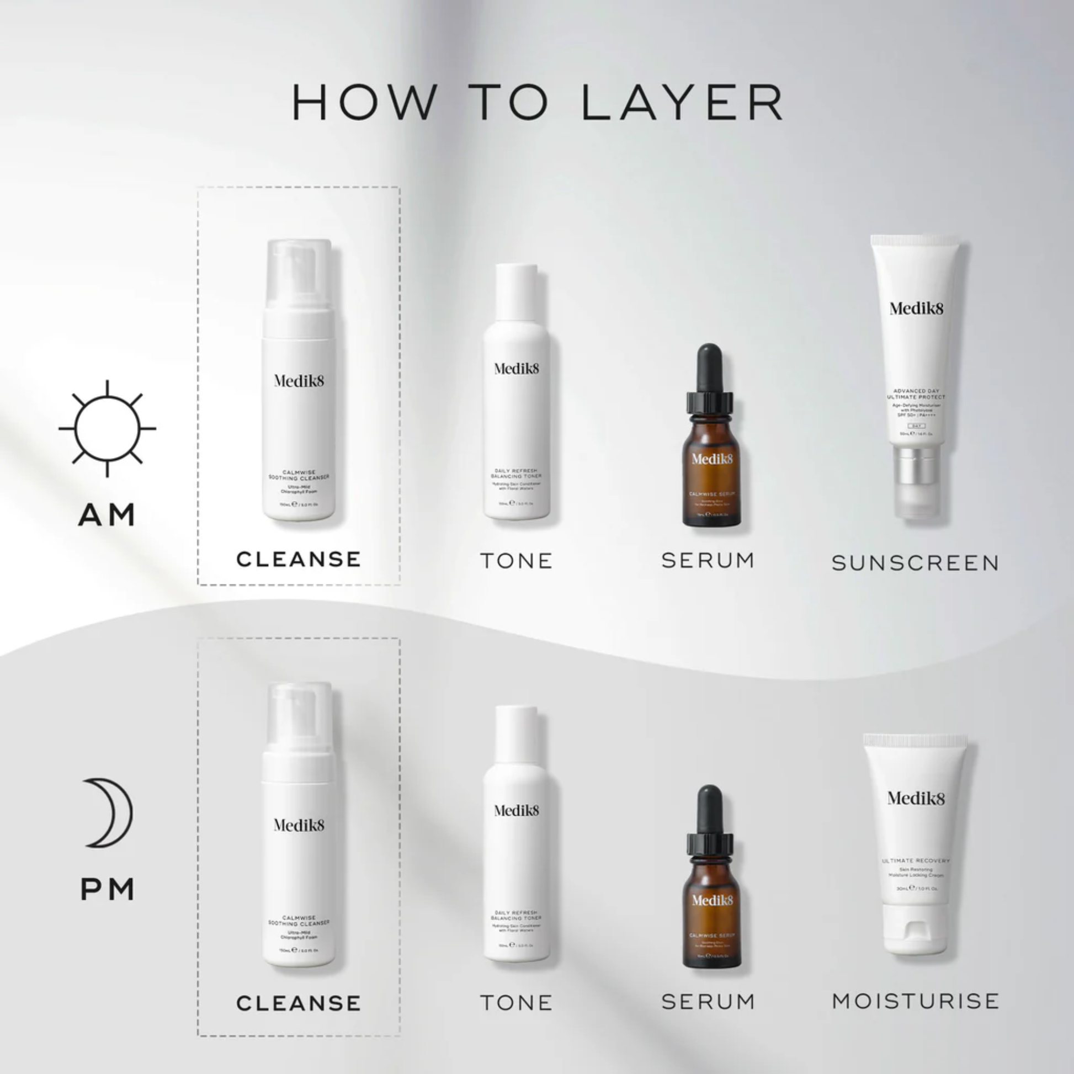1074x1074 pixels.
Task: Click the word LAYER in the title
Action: pyautogui.click(x=683, y=102)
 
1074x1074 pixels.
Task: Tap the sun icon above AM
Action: pyautogui.click(x=107, y=429)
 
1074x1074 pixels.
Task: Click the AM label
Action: pyautogui.click(x=107, y=515)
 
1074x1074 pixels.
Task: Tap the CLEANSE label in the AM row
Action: pyautogui.click(x=299, y=559)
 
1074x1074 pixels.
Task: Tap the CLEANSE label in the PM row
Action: pyautogui.click(x=299, y=1003)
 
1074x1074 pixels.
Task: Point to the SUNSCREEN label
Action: pyautogui.click(x=915, y=563)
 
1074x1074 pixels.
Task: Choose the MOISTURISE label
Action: pyautogui.click(x=915, y=1001)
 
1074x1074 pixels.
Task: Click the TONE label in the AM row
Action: pyautogui.click(x=517, y=560)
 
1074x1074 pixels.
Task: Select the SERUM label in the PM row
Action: pyautogui.click(x=708, y=1002)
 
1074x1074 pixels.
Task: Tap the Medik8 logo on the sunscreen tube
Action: pyautogui.click(x=916, y=308)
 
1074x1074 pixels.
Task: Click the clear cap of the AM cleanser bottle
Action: pyautogui.click(x=299, y=273)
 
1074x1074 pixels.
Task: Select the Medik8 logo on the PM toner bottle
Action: pyautogui.click(x=517, y=811)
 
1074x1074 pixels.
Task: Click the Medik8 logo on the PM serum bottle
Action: pyautogui.click(x=712, y=900)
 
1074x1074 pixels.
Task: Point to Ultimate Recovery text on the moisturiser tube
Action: pyautogui.click(x=916, y=860)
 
